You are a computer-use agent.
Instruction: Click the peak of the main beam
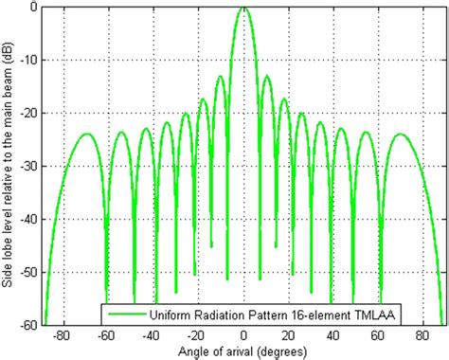click(x=244, y=7)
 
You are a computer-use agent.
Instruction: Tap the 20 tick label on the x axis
click(x=289, y=335)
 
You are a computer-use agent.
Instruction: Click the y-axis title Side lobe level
click(x=9, y=166)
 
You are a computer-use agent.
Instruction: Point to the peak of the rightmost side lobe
click(x=402, y=134)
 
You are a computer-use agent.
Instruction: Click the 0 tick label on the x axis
click(x=244, y=335)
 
